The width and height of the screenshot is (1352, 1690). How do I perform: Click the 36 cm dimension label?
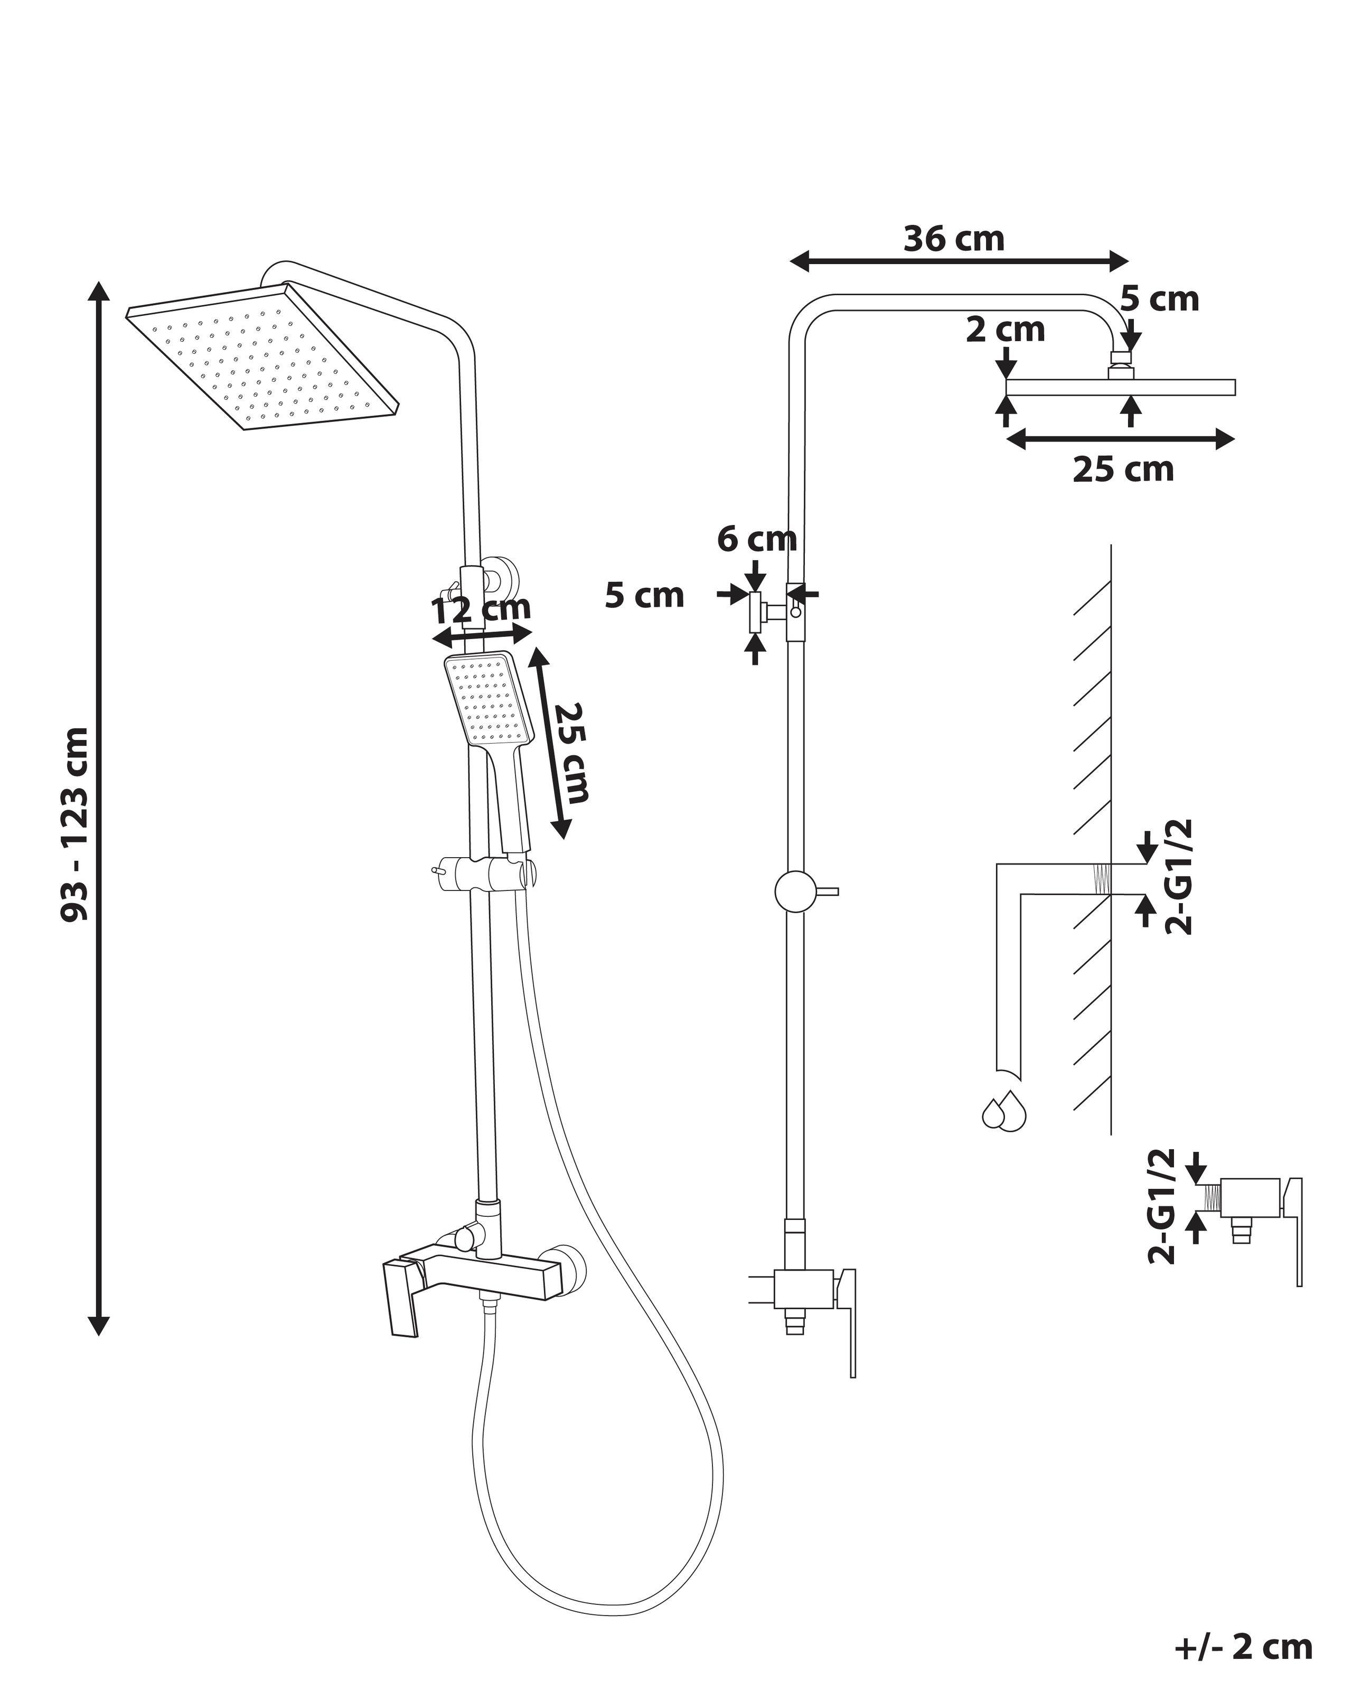(x=954, y=239)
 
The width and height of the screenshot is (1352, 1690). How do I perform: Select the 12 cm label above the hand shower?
(x=481, y=608)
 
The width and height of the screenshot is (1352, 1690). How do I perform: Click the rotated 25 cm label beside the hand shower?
(x=570, y=753)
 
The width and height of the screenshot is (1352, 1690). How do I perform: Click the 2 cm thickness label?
(x=1005, y=330)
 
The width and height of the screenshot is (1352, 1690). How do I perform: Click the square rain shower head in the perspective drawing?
(x=262, y=361)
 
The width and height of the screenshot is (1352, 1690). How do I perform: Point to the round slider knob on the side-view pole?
(x=795, y=891)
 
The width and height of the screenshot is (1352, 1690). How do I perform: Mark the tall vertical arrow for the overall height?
(x=98, y=808)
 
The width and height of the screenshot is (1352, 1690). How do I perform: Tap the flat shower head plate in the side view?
(x=1120, y=387)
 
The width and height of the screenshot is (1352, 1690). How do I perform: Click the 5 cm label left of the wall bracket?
(x=644, y=596)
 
